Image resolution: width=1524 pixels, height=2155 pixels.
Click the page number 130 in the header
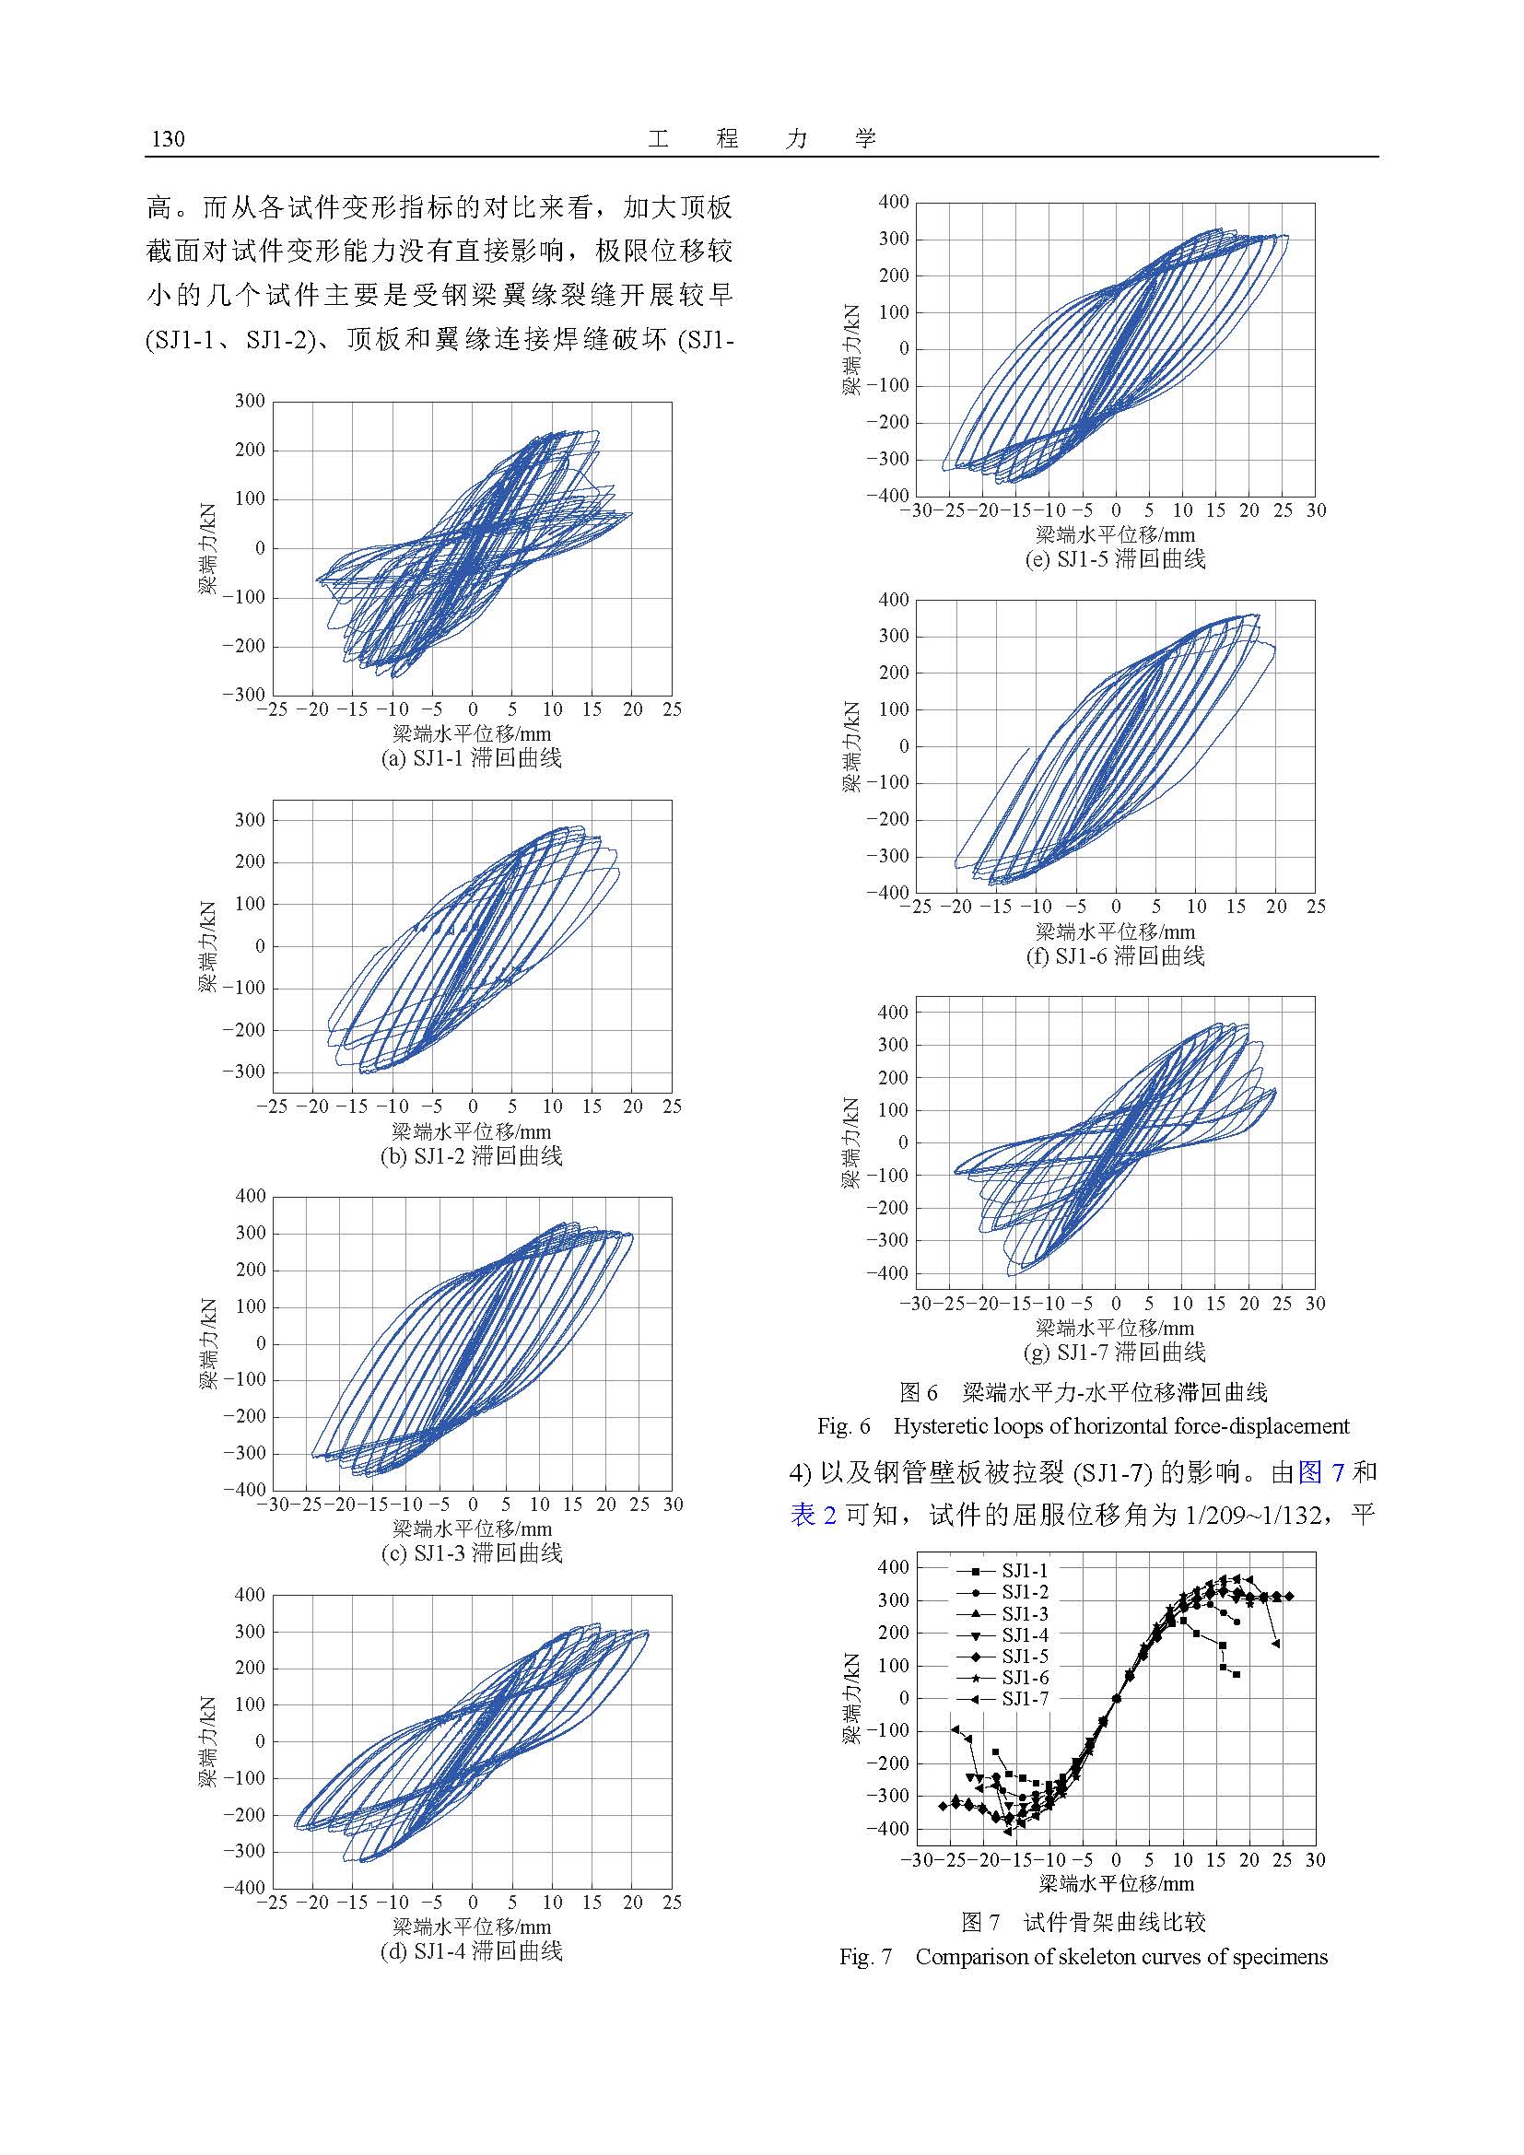click(x=168, y=140)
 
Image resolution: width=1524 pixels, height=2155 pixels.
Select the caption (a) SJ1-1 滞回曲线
click(x=471, y=758)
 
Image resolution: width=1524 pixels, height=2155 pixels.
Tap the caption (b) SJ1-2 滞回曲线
click(x=471, y=1155)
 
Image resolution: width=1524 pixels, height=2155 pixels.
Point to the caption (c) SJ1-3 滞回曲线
click(x=471, y=1553)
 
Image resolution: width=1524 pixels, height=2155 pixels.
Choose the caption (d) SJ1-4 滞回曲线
click(x=471, y=1950)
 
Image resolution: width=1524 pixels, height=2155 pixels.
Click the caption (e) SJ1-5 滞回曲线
click(x=1115, y=559)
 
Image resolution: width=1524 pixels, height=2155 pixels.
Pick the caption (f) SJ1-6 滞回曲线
click(x=1115, y=956)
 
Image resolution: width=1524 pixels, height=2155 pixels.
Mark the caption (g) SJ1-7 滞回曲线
click(x=1115, y=1353)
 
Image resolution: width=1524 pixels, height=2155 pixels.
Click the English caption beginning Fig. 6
click(x=1083, y=1426)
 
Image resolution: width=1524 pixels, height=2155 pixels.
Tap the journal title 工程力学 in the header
click(x=761, y=140)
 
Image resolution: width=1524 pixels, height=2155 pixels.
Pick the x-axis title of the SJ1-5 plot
click(x=1115, y=536)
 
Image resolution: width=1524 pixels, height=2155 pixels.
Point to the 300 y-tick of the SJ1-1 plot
click(x=249, y=402)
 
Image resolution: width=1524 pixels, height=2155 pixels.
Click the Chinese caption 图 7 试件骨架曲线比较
click(x=1083, y=1922)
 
